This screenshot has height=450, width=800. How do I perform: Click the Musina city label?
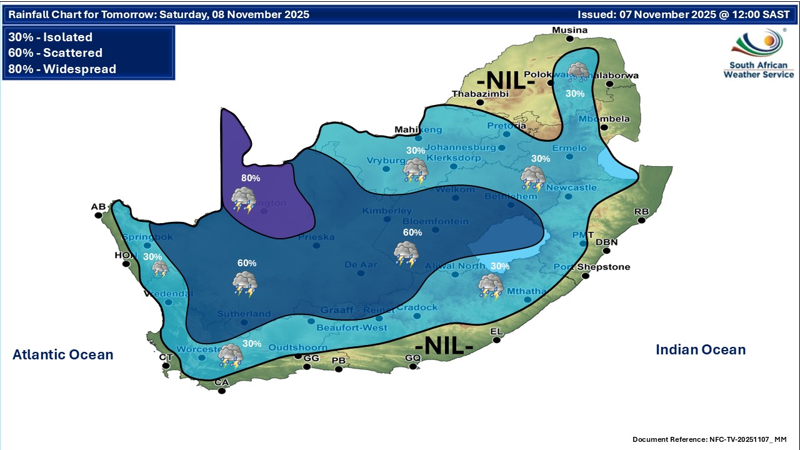coord(569,30)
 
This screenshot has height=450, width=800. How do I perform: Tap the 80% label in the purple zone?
coord(251,178)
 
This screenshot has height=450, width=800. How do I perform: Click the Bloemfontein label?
coord(436,221)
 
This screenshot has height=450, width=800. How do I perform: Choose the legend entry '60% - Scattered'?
coord(56,53)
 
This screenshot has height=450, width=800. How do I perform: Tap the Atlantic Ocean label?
coord(63,355)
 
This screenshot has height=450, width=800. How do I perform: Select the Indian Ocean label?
coord(701,350)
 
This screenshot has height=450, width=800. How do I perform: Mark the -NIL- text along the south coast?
coord(443,346)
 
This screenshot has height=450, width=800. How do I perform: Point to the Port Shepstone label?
coord(592,267)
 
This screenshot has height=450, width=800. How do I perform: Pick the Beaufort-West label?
coord(352,327)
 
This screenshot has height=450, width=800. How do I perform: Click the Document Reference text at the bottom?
coord(709,439)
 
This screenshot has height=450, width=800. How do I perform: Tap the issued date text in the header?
coord(683,14)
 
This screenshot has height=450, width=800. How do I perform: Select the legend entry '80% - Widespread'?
coord(62,69)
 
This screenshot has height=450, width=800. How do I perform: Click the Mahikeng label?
coord(418,130)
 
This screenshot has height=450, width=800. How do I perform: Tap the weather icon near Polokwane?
coord(577,72)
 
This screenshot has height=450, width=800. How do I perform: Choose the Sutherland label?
coord(244,314)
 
